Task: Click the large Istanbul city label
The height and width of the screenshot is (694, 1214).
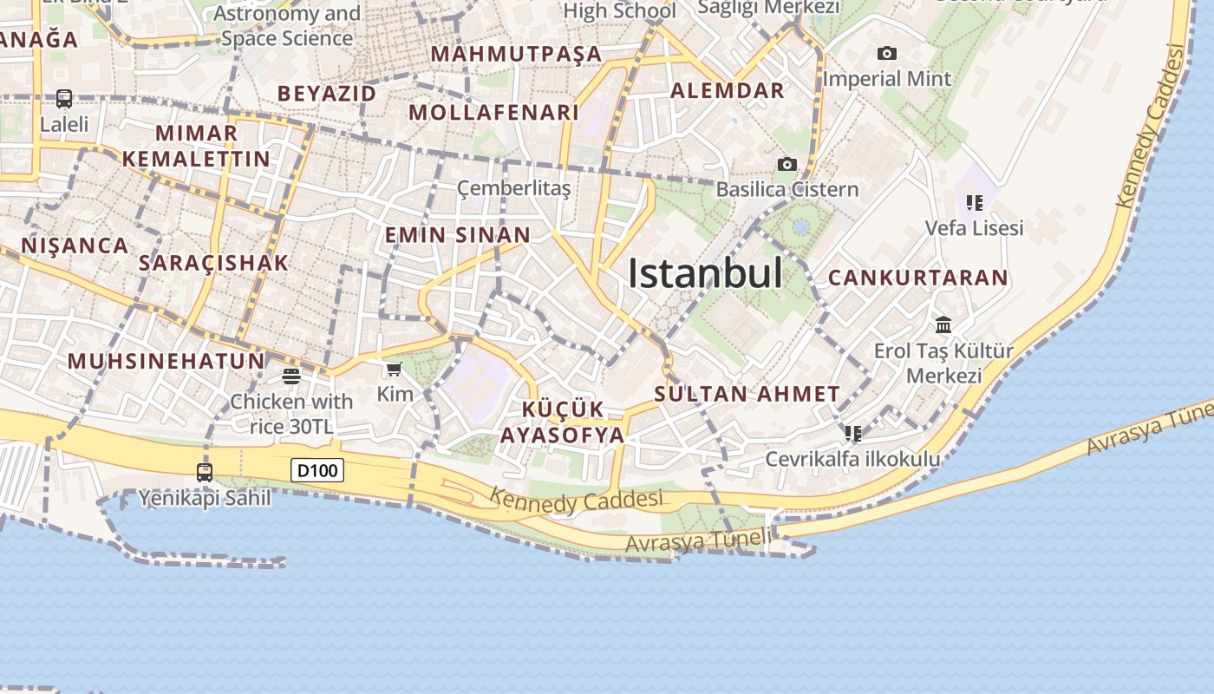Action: coord(705,274)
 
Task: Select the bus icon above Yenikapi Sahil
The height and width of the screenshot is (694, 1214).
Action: coord(205,473)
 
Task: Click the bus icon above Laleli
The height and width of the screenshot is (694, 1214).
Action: coord(64,99)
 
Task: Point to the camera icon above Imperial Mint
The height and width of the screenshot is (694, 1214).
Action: coord(886,54)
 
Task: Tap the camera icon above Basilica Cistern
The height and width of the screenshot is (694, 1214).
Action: coord(786,165)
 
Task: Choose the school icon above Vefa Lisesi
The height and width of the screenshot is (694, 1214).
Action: coord(974,203)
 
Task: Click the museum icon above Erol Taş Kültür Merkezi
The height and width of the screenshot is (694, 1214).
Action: coord(943,325)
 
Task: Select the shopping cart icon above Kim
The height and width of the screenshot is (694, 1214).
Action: coord(395,370)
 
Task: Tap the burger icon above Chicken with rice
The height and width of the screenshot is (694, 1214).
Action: coord(290,376)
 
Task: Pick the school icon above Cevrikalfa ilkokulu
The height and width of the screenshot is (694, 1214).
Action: coord(852,433)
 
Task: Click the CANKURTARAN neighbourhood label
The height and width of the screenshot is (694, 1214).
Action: coord(918,278)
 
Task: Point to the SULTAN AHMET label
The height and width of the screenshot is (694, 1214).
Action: coord(747,394)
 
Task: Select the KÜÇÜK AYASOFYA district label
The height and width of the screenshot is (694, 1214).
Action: coord(563,422)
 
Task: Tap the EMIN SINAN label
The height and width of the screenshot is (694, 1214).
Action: coord(457,235)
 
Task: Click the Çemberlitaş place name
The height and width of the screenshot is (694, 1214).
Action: coord(514,188)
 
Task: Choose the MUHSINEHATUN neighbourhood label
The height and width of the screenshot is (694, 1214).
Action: coord(166,361)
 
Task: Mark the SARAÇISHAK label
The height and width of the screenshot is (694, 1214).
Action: coord(213,263)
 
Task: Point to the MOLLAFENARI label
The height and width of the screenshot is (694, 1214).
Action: coord(493,113)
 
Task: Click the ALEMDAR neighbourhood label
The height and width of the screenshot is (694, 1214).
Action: coord(727,90)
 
